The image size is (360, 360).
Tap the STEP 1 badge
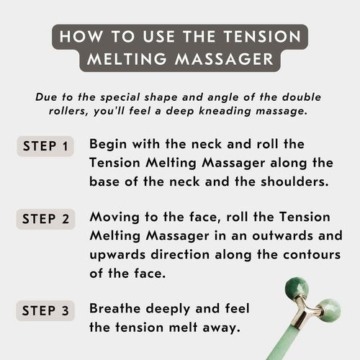click(x=46, y=146)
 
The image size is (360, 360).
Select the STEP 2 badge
click(x=46, y=220)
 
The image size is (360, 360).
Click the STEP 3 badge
click(x=46, y=311)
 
